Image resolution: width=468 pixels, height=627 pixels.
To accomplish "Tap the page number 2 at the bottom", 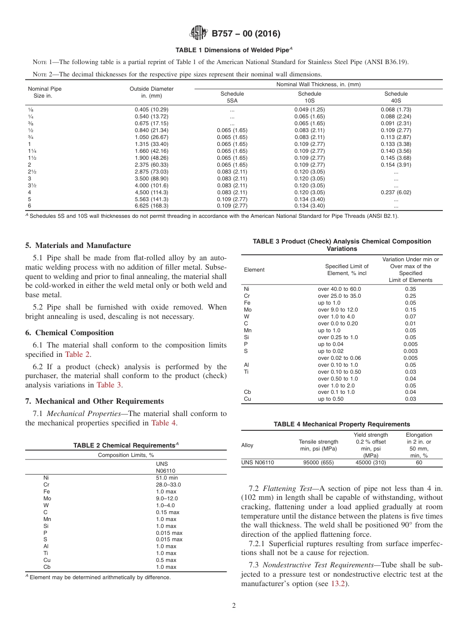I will [234, 606].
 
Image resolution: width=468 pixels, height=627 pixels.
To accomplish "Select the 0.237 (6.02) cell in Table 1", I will [396, 192].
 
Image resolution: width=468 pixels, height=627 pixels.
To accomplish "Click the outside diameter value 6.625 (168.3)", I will [151, 206].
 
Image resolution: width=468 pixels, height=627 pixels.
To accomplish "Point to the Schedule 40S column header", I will [396, 97].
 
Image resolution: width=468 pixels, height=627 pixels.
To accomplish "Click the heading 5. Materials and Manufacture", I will [78, 245].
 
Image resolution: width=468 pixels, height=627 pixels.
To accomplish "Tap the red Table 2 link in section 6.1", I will [78, 354].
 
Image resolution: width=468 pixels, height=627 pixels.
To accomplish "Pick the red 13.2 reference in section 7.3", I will [337, 584].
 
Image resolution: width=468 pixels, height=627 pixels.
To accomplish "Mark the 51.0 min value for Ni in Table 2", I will [167, 478].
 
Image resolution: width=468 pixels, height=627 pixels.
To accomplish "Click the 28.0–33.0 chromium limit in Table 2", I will [168, 485].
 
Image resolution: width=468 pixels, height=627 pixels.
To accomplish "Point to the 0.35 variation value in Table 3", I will [410, 289].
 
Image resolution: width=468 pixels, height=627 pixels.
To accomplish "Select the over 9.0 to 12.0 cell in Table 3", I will [338, 310].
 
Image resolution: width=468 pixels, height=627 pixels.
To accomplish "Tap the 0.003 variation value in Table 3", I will [410, 351].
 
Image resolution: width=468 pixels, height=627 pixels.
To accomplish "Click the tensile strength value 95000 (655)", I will [318, 463].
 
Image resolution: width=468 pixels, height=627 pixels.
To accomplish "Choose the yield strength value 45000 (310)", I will [370, 463].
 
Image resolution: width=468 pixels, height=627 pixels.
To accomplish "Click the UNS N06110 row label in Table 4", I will [257, 463].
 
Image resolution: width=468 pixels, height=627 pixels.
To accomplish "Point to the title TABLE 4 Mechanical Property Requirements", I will [341, 424].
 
